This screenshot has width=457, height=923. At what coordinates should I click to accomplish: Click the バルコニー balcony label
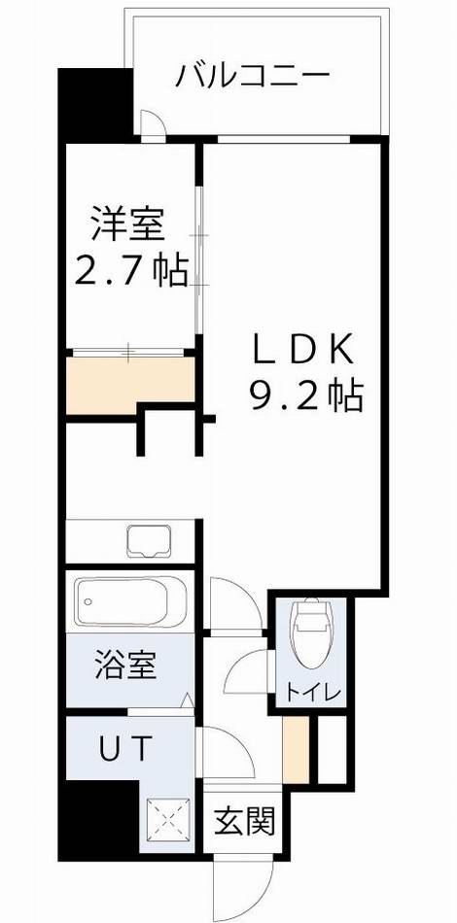pyautogui.click(x=254, y=75)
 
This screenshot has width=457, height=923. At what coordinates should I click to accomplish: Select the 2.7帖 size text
pyautogui.click(x=132, y=272)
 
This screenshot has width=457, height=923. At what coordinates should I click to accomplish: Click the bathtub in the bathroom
pyautogui.click(x=130, y=602)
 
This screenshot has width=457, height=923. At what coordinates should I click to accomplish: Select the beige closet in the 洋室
pyautogui.click(x=130, y=380)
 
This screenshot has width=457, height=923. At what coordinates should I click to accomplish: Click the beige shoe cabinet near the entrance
pyautogui.click(x=296, y=749)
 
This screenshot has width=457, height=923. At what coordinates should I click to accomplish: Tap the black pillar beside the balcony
pyautogui.click(x=95, y=105)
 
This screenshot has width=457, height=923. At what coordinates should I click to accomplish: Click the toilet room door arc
pyautogui.click(x=248, y=670)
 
